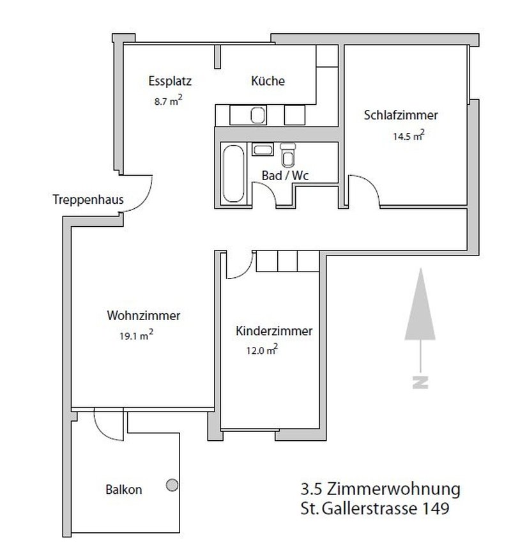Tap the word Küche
point(268,81)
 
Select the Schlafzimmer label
point(400,116)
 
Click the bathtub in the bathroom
point(231,173)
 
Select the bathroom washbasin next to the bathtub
point(262,151)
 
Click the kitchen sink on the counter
point(258,115)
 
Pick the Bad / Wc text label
point(286,175)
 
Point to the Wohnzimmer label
point(144,316)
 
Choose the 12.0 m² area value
point(263,349)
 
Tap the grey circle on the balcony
point(171,486)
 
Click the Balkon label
point(123,490)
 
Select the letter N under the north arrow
point(419,382)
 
